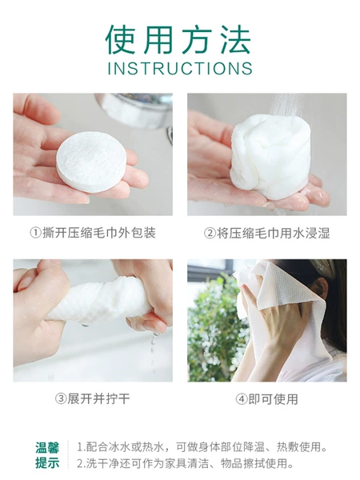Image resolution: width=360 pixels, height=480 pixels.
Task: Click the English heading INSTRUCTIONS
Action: tap(180, 68)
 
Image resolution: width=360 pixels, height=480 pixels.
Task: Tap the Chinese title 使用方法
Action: tap(178, 39)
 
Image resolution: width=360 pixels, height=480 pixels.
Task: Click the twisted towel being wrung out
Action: tap(98, 302)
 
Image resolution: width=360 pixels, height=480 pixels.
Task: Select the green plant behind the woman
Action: tap(214, 327)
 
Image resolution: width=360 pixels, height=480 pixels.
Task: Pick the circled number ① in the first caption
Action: tap(36, 233)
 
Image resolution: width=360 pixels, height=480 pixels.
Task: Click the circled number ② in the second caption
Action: tap(210, 233)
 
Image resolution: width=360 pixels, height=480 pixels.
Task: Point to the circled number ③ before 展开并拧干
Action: tap(61, 399)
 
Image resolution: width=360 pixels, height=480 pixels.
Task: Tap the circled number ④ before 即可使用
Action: tap(242, 399)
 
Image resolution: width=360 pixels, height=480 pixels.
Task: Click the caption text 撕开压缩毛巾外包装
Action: tap(99, 233)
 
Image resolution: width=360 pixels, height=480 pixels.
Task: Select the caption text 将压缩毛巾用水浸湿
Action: tap(274, 233)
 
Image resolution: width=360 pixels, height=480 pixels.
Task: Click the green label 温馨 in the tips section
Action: tap(47, 447)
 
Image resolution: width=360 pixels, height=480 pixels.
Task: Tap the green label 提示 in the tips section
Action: tap(47, 463)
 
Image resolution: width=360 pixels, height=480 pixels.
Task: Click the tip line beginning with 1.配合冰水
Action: tap(202, 447)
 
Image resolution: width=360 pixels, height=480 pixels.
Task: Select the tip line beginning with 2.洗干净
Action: tap(186, 463)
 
